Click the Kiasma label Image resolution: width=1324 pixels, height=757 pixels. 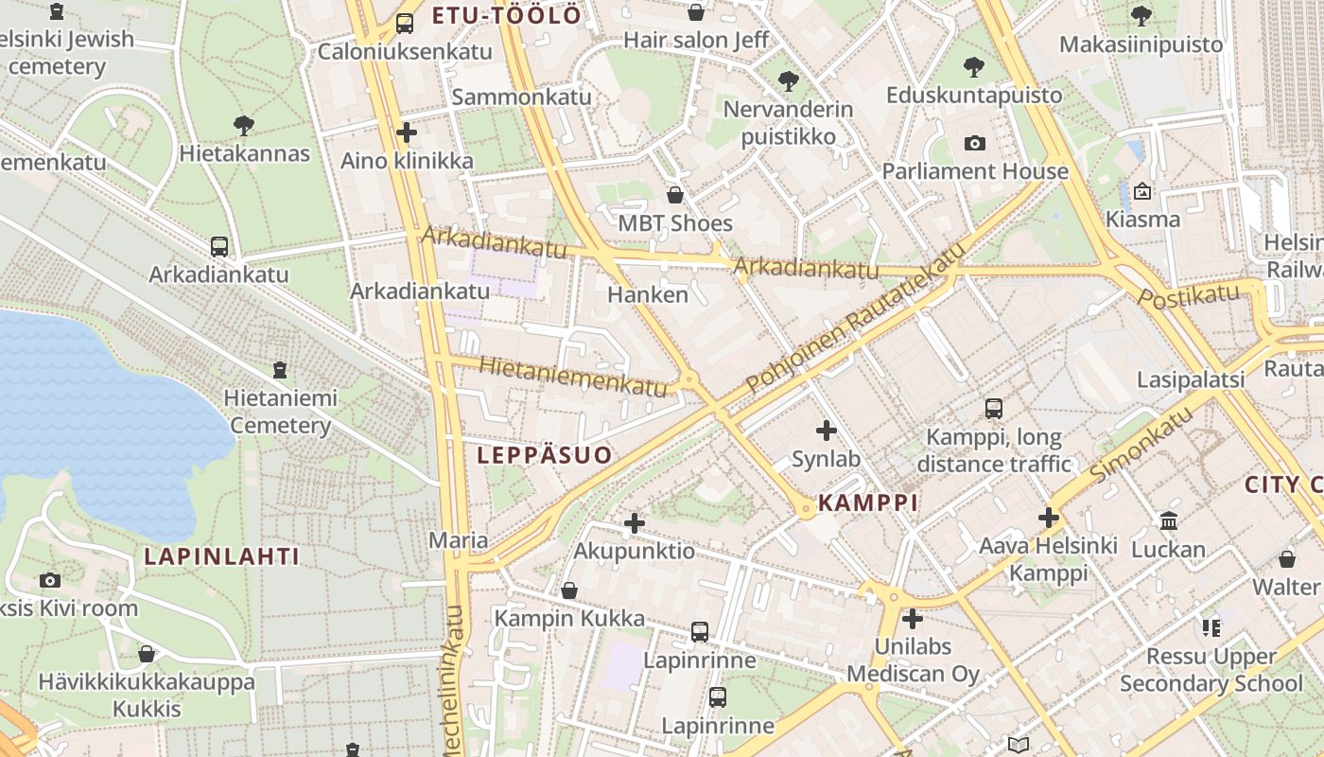[x=1142, y=220]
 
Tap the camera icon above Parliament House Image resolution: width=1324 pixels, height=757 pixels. [x=974, y=144]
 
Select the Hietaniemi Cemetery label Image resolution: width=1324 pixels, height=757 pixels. [x=281, y=412]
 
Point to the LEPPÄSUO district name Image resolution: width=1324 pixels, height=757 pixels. [x=545, y=455]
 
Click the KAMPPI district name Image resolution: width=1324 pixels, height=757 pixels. [x=868, y=502]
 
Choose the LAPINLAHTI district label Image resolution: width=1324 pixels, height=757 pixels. [x=221, y=556]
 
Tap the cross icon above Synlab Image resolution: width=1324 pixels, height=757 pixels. [x=827, y=431]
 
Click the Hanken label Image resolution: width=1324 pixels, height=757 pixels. [x=648, y=294]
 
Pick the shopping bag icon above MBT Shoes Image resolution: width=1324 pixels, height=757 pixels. [x=675, y=196]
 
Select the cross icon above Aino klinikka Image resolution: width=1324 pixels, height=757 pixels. [x=407, y=132]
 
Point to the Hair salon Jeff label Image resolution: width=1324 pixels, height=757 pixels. [x=696, y=40]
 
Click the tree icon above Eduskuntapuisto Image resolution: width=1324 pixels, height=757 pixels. [x=973, y=67]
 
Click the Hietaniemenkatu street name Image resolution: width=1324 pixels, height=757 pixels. [x=572, y=376]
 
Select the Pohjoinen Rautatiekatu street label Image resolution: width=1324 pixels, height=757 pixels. [x=856, y=318]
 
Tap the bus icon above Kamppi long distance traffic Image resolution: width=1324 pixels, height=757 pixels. [x=993, y=409]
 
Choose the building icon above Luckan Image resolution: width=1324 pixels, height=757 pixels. [x=1168, y=521]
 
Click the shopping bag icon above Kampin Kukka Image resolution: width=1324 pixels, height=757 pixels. [x=569, y=590]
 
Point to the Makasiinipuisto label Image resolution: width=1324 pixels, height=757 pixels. [x=1141, y=44]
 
